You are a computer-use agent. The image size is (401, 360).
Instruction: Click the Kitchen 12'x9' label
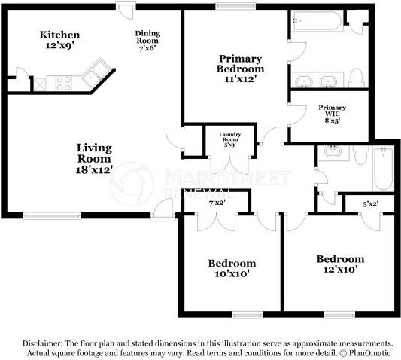tap(60, 40)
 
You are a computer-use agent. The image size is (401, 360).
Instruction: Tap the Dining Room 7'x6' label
tap(147, 41)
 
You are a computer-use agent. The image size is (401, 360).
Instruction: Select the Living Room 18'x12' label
tap(94, 158)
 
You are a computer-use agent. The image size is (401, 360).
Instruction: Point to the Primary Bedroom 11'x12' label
tap(241, 69)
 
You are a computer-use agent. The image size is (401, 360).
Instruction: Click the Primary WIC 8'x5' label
tap(332, 114)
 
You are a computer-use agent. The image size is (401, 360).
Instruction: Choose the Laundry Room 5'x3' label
tap(230, 139)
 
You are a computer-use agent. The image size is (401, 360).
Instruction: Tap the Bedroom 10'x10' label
tap(232, 268)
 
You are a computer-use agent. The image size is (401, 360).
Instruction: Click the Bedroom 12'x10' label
tap(340, 264)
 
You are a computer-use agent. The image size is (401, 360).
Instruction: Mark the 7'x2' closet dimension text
tap(217, 203)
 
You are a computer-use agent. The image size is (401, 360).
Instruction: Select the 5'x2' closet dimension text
tap(371, 204)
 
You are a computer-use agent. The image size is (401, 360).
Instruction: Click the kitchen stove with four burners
tap(64, 83)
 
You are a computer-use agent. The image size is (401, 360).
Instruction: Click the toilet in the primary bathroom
tap(356, 78)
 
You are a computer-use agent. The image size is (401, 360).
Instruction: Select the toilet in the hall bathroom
tap(360, 155)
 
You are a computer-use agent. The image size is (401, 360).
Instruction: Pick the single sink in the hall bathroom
tap(333, 151)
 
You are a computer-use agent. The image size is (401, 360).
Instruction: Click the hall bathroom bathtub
tap(383, 169)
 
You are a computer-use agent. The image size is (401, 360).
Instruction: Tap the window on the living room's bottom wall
tap(52, 215)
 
